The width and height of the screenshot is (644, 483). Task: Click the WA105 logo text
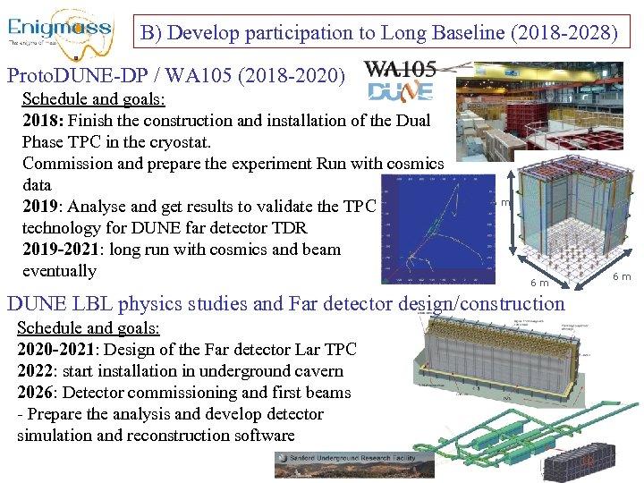pyautogui.click(x=402, y=69)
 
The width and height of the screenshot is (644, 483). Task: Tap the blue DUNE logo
pyautogui.click(x=401, y=90)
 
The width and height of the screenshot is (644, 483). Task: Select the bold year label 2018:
pyautogui.click(x=43, y=121)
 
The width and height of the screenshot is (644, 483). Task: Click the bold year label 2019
pyautogui.click(x=41, y=207)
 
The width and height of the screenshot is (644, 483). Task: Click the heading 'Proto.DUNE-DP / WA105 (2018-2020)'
pyautogui.click(x=175, y=76)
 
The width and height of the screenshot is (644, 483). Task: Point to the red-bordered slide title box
pyautogui.click(x=378, y=34)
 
